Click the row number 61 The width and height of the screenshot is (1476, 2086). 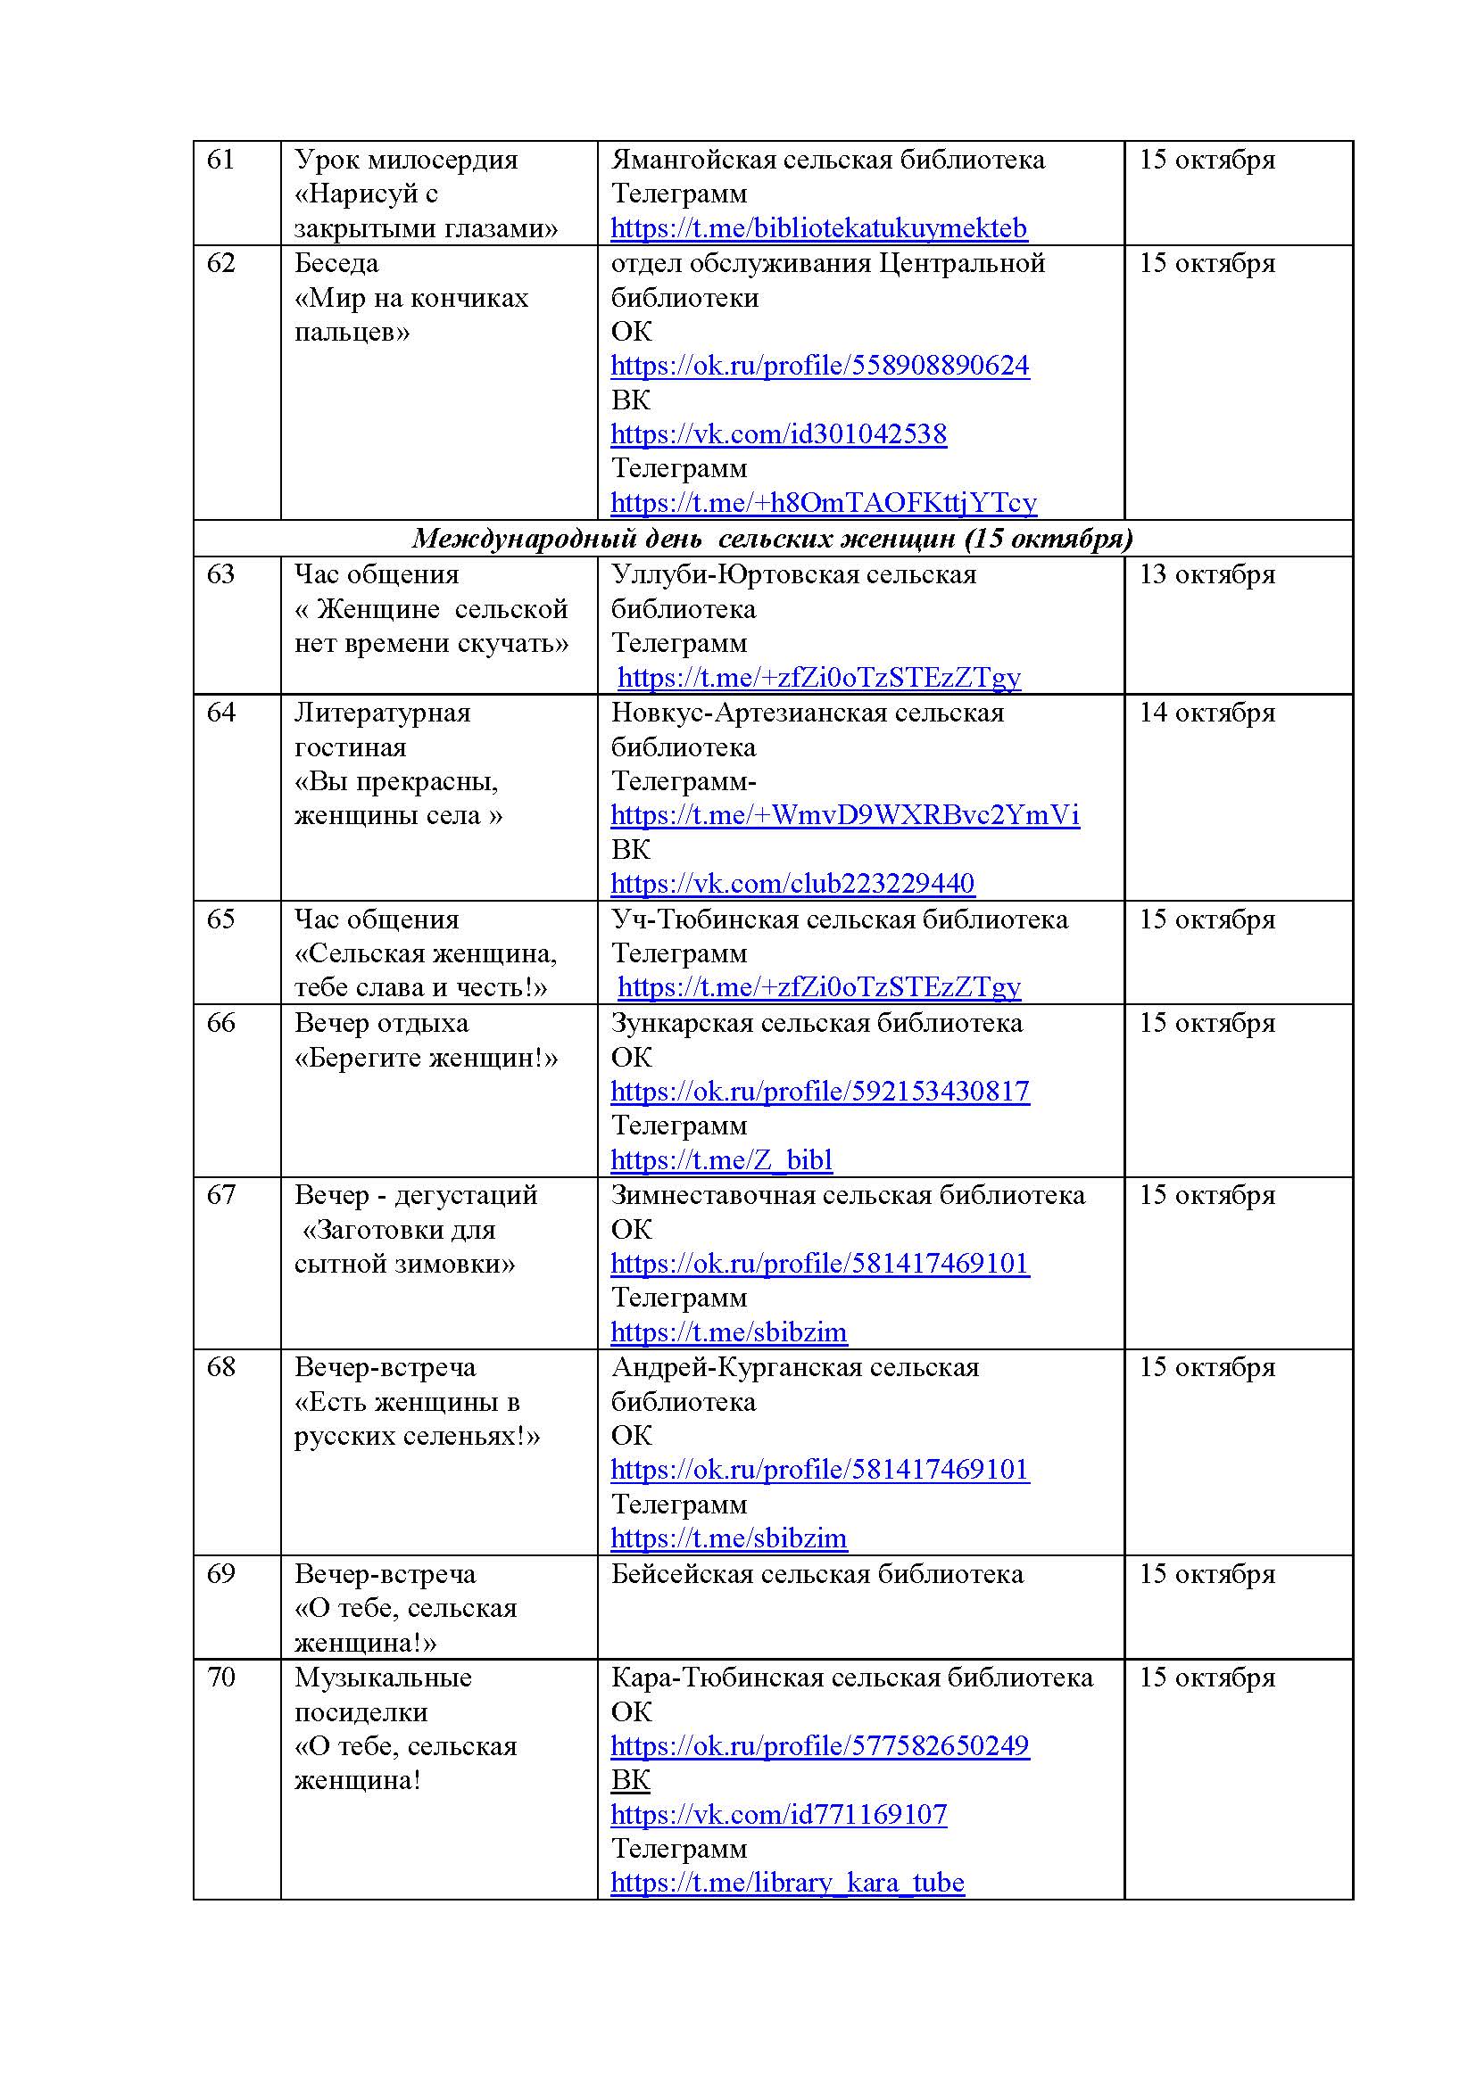point(220,160)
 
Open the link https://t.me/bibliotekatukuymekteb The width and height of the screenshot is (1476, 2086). point(819,228)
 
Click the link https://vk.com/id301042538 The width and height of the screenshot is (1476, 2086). point(779,434)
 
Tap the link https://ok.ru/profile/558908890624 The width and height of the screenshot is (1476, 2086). point(820,366)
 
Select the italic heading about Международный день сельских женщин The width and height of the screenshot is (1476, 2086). point(773,539)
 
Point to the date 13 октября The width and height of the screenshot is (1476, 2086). point(1207,575)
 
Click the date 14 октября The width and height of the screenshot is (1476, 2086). point(1207,713)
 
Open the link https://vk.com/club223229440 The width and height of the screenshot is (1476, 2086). point(792,883)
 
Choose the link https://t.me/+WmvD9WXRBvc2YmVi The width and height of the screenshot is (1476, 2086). point(845,815)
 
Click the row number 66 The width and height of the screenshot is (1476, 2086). point(220,1024)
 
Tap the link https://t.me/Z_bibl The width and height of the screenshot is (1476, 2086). point(722,1160)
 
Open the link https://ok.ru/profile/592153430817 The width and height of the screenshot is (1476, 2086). point(820,1091)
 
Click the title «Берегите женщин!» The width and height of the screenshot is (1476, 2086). point(427,1059)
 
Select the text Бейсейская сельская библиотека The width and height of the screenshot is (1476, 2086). point(817,1574)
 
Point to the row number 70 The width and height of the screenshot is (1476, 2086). point(220,1678)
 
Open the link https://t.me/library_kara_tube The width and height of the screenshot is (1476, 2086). point(787,1883)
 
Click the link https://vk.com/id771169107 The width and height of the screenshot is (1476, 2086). point(779,1814)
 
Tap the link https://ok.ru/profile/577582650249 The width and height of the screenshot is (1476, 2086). point(820,1745)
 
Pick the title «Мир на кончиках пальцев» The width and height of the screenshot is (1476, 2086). point(410,315)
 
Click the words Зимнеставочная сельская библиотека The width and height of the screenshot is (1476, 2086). point(848,1196)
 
